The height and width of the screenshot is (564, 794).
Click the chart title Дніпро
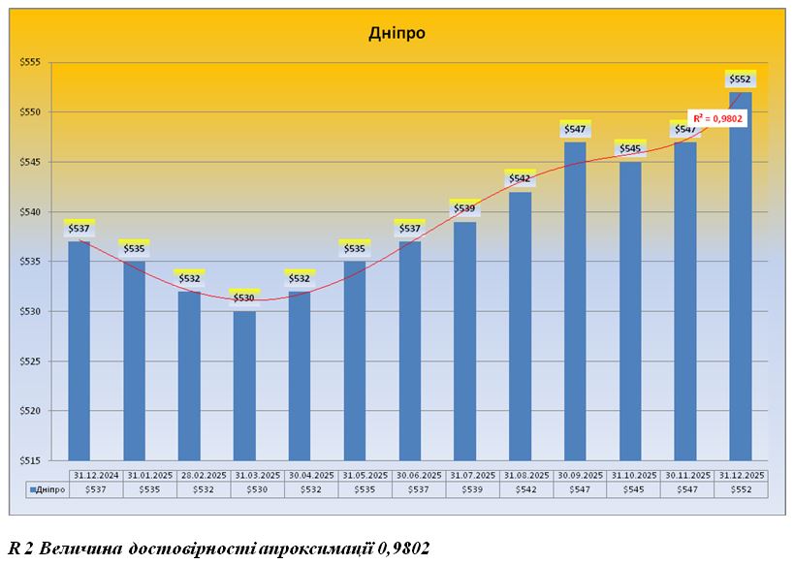click(x=397, y=33)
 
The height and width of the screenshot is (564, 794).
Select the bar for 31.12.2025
click(x=740, y=271)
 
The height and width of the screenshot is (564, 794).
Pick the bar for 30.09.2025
click(x=574, y=300)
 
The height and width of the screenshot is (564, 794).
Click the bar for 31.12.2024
click(x=79, y=349)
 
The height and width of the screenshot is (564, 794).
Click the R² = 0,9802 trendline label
click(x=718, y=117)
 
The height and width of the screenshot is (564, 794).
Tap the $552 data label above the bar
click(x=740, y=78)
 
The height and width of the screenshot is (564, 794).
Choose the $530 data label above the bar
click(x=244, y=298)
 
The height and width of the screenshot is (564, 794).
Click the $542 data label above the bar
click(x=520, y=178)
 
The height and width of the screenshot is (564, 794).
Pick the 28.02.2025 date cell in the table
click(x=189, y=475)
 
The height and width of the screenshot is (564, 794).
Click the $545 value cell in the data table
click(x=629, y=489)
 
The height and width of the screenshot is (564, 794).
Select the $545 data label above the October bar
click(x=629, y=148)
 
